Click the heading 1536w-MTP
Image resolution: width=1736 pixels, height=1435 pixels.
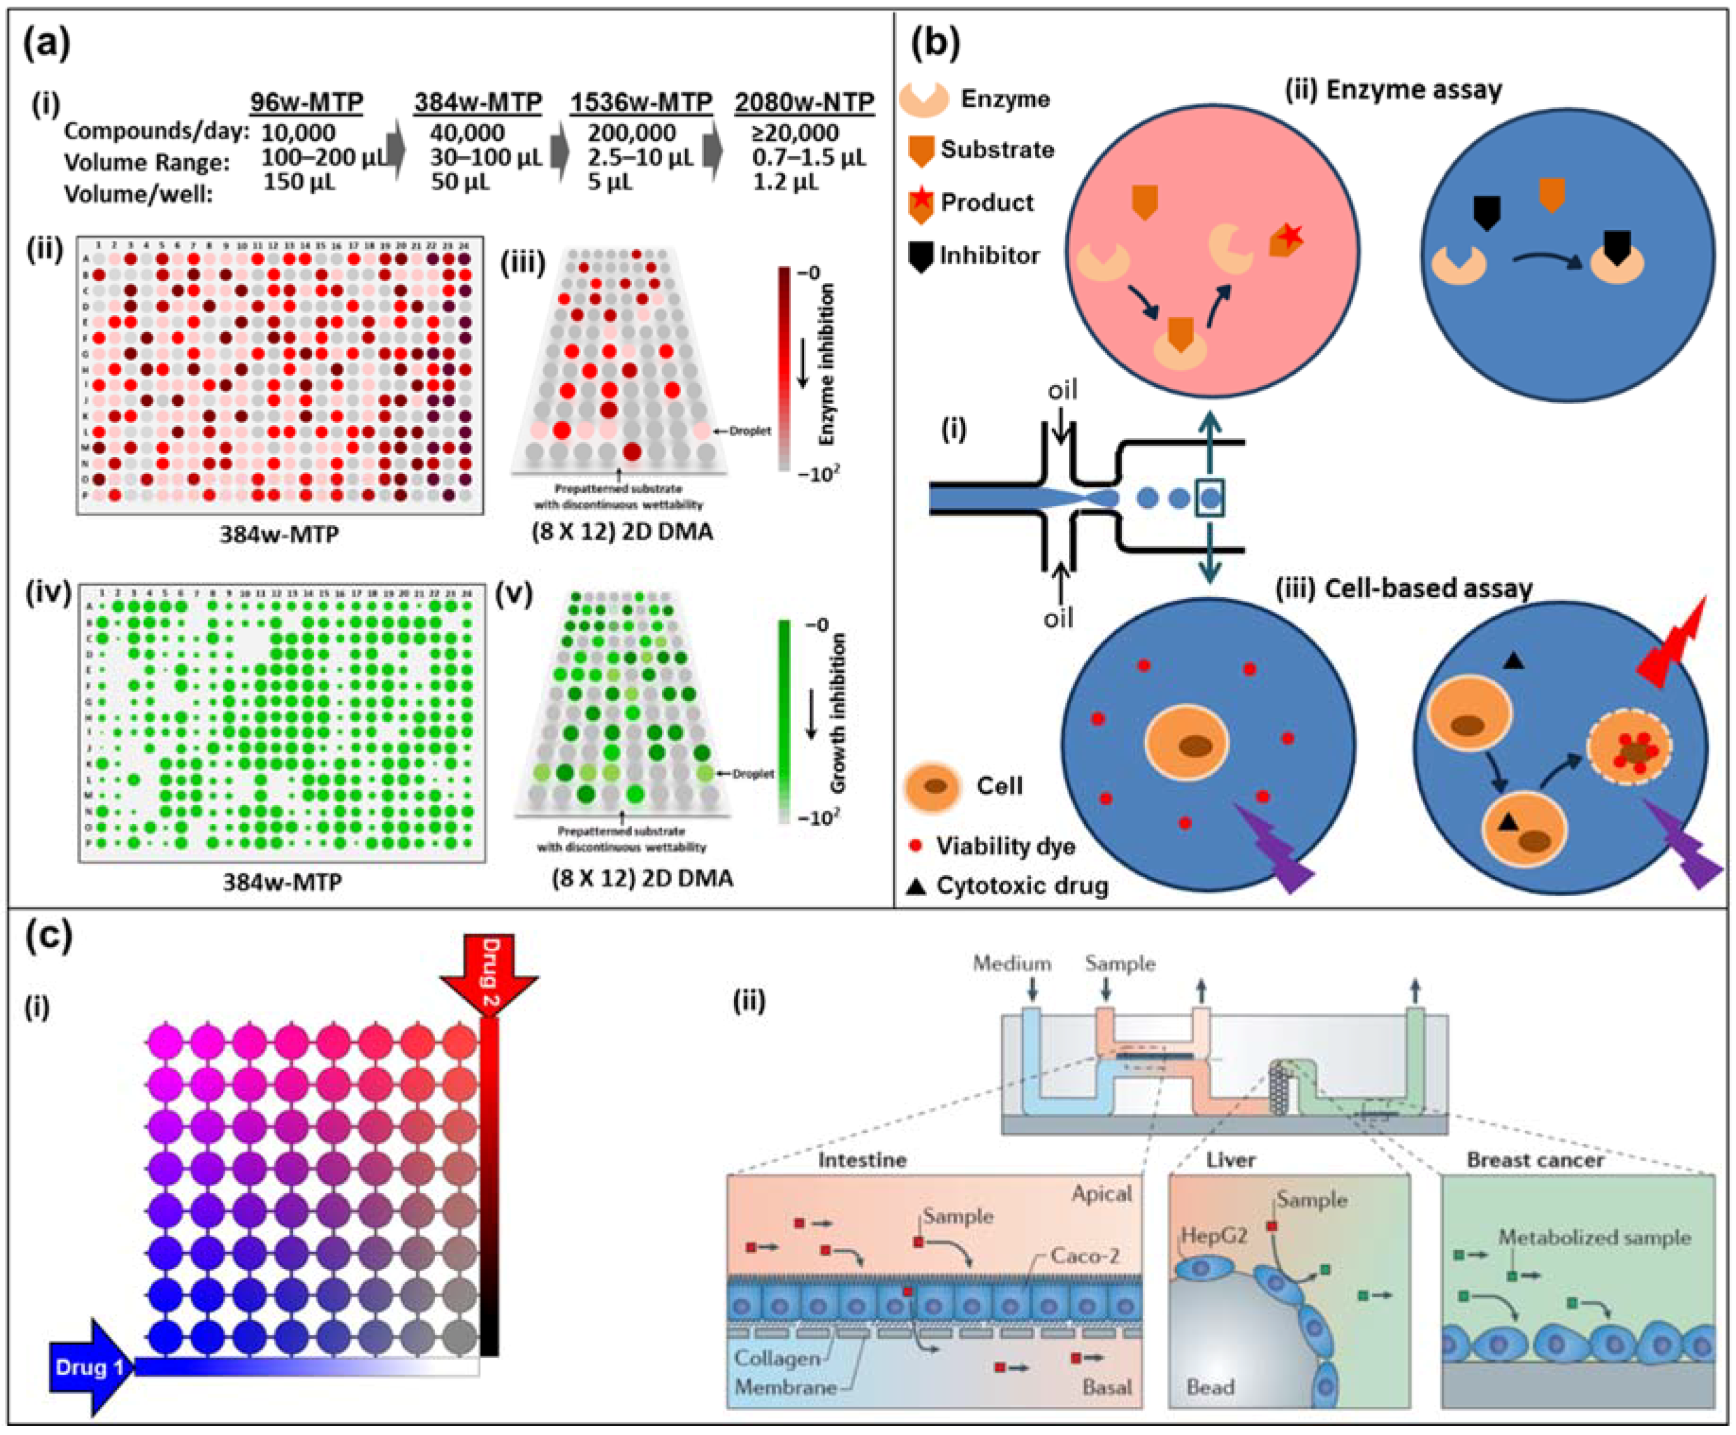641,102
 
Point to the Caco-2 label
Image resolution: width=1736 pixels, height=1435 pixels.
1085,1256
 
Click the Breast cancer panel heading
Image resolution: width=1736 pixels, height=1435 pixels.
1535,1160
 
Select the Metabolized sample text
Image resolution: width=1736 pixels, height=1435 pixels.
1595,1237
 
